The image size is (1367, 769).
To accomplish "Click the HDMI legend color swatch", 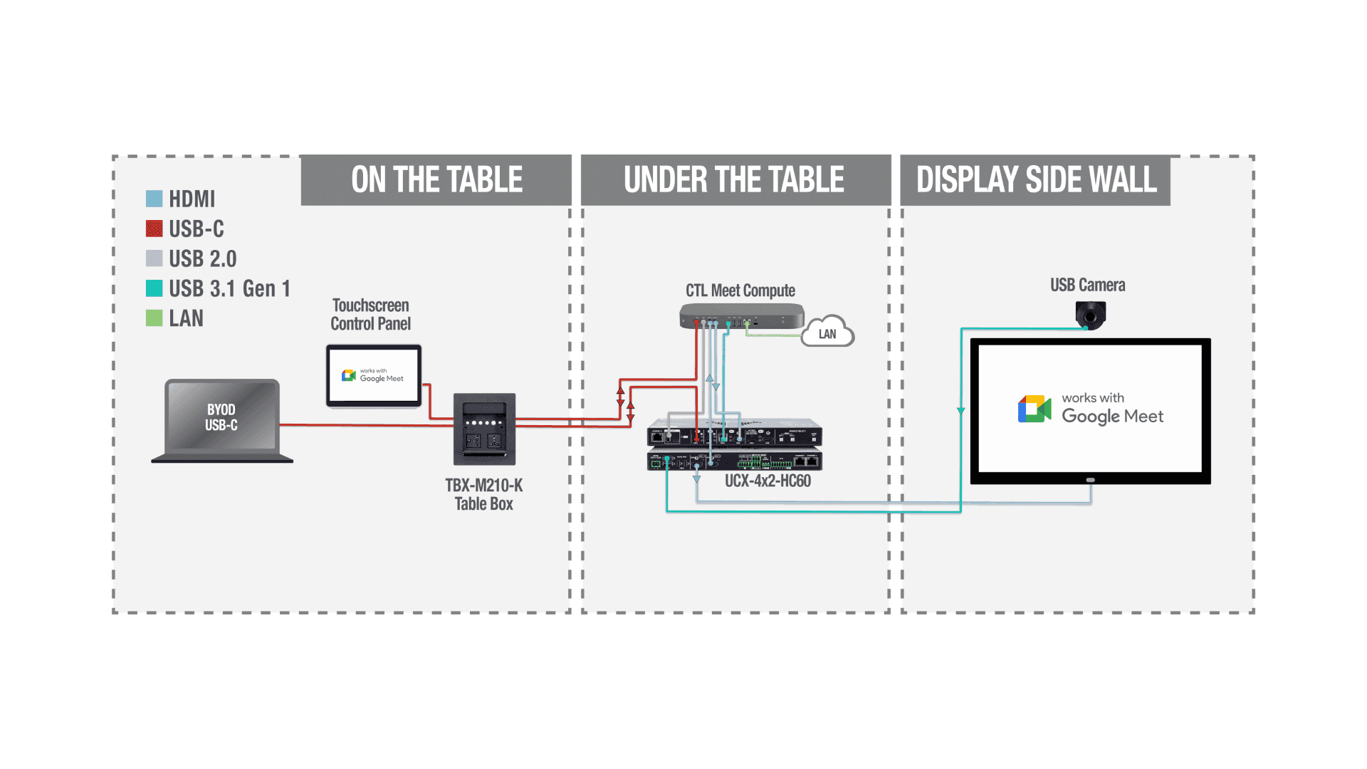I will click(x=154, y=199).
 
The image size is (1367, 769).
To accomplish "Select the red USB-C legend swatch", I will click(x=154, y=229).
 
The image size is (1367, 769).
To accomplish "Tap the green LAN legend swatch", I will click(x=154, y=318).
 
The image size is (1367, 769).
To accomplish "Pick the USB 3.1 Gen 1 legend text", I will click(x=229, y=288).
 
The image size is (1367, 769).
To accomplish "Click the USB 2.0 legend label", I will click(x=202, y=258).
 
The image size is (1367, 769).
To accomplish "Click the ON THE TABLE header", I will click(x=436, y=180).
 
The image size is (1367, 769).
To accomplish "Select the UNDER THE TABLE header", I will click(x=734, y=180).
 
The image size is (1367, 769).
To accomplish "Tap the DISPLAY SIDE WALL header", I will click(x=1036, y=180).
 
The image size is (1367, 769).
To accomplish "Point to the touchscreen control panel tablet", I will click(x=374, y=376).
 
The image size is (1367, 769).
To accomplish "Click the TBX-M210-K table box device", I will click(x=484, y=429).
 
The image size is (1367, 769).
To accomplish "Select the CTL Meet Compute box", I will click(x=741, y=315).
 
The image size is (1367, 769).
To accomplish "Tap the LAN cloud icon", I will click(x=827, y=333).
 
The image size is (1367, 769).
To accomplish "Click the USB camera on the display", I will click(x=1090, y=314).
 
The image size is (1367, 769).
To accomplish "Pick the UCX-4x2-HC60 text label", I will click(x=768, y=481).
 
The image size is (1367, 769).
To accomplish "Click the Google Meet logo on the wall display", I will click(x=1035, y=409).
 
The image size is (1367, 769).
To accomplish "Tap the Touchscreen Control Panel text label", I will click(x=370, y=315).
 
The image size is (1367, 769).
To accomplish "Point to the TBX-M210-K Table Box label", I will click(x=483, y=494).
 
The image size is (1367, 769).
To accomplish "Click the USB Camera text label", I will click(x=1087, y=286).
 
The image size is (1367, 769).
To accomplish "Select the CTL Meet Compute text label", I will click(x=740, y=291).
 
